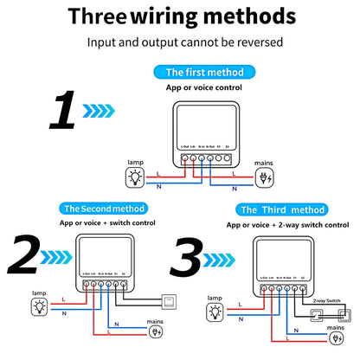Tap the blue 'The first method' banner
[x=204, y=73]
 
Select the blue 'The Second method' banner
[x=105, y=209]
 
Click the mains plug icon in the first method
[x=264, y=179]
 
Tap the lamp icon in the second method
[x=37, y=308]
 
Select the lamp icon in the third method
[x=213, y=309]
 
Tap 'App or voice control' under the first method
[x=204, y=87]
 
